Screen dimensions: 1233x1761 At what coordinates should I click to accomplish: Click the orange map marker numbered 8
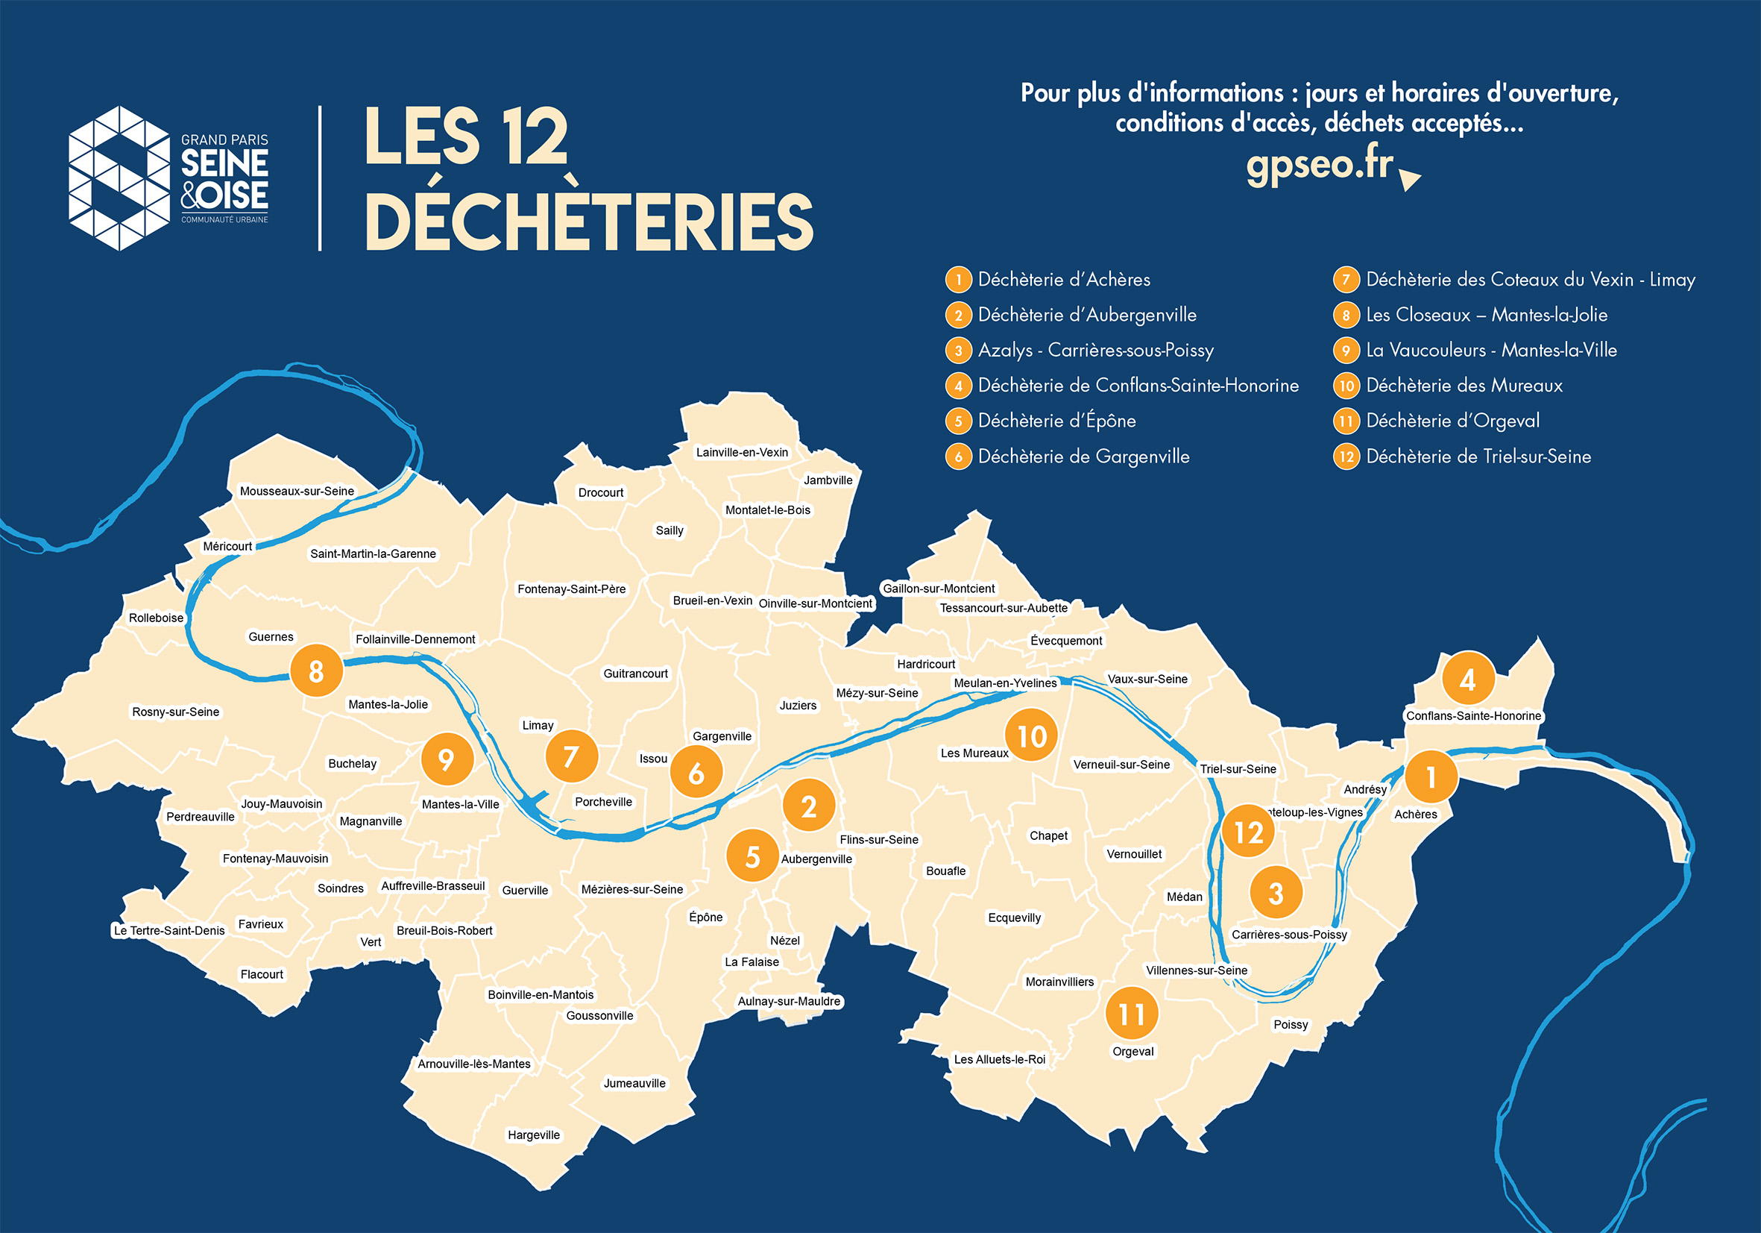tap(316, 671)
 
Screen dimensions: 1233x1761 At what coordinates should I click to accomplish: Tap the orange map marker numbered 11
tap(1131, 1014)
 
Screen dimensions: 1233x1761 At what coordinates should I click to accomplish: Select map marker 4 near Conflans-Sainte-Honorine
tap(1467, 678)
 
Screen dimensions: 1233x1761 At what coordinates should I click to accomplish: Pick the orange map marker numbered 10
tap(1031, 735)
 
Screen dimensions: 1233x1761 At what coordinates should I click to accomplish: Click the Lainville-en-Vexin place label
tap(742, 452)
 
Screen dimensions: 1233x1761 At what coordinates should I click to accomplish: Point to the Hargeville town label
tap(533, 1135)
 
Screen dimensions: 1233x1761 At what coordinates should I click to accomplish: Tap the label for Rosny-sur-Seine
tap(176, 712)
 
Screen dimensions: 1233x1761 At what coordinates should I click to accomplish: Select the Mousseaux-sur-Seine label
tap(297, 491)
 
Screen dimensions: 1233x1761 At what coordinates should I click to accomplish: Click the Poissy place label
tap(1290, 1024)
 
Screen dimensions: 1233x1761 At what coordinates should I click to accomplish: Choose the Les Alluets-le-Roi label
tap(998, 1059)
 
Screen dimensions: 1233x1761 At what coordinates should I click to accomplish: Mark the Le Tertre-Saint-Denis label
tap(168, 930)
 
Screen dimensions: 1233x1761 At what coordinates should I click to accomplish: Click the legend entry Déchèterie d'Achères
tap(1063, 279)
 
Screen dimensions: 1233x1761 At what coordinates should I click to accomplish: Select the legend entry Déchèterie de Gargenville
tap(1083, 457)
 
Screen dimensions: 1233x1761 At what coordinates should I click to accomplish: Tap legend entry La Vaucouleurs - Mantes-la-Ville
tap(1490, 350)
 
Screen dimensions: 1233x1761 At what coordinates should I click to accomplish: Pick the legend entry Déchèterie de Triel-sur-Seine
tap(1478, 457)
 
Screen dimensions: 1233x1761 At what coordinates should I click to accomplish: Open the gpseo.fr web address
tap(1318, 163)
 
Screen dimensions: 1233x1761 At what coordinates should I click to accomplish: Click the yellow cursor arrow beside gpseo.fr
tap(1409, 179)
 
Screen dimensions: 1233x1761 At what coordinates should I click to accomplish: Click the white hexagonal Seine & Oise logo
tap(119, 178)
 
